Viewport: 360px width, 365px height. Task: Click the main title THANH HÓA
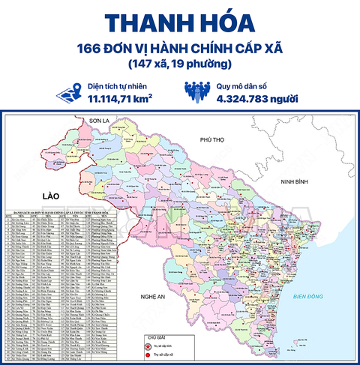(181, 22)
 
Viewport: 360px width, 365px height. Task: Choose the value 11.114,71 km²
(121, 98)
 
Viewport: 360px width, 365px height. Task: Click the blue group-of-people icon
(198, 91)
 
